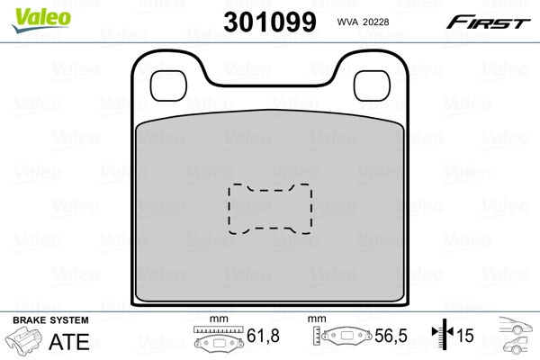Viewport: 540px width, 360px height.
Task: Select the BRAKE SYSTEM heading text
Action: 49,320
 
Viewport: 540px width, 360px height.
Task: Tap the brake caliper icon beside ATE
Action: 26,341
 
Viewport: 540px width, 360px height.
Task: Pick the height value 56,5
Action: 391,337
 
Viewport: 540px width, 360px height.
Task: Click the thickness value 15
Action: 466,337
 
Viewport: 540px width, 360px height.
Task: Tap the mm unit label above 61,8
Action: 216,319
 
